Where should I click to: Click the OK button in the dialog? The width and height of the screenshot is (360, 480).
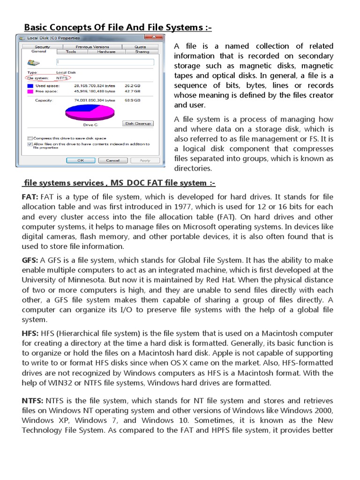click(81, 160)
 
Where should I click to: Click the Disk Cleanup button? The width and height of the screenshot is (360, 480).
click(138, 123)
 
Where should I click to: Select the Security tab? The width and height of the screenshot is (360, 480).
click(42, 47)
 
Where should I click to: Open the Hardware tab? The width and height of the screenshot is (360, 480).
click(106, 52)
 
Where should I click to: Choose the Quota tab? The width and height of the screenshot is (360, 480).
click(140, 47)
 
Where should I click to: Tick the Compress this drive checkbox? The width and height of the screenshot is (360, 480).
click(30, 138)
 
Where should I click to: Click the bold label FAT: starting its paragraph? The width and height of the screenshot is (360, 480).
click(30, 197)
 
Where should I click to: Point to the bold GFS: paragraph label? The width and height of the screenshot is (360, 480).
click(30, 260)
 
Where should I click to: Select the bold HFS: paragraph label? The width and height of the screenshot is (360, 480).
click(30, 333)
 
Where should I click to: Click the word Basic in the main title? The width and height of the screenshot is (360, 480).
click(37, 28)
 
